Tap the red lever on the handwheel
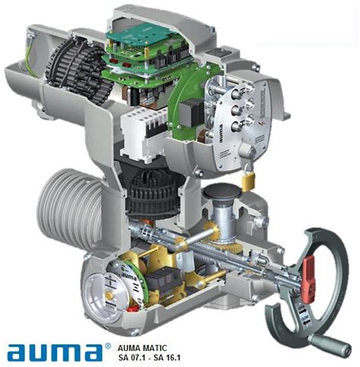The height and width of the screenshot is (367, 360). coord(309,268)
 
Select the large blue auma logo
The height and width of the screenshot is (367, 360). coord(54,351)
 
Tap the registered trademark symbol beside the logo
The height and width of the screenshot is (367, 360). coord(107,343)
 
